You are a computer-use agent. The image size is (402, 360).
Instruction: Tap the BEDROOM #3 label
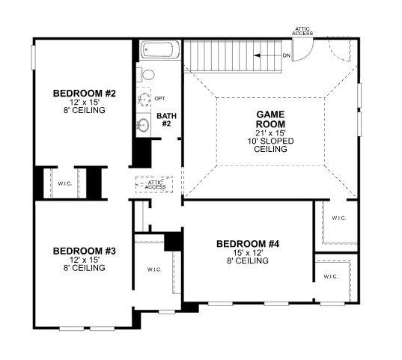click(84, 251)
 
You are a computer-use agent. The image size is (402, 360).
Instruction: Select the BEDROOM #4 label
click(247, 243)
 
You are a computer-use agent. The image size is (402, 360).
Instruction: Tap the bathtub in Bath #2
click(158, 52)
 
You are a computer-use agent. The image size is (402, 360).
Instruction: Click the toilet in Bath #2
click(147, 75)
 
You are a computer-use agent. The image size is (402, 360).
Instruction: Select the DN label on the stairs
click(286, 55)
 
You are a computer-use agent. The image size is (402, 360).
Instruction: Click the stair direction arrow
click(266, 55)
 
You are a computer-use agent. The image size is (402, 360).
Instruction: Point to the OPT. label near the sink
click(160, 99)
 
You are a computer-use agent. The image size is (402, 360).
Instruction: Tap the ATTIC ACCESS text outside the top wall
click(302, 31)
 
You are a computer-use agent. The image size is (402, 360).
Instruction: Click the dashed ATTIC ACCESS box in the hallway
click(155, 184)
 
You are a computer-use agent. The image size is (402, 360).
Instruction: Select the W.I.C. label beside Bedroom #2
click(65, 183)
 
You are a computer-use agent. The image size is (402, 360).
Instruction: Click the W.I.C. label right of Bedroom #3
click(154, 269)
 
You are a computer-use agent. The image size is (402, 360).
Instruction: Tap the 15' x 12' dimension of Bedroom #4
click(247, 253)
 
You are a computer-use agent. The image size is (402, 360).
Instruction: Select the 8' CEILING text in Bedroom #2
click(84, 111)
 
